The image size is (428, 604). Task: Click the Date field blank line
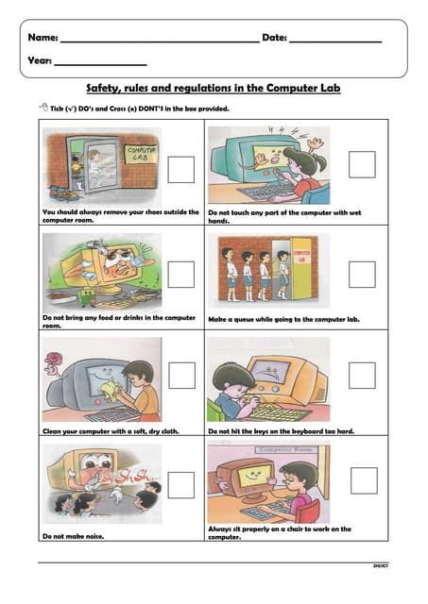tap(334, 41)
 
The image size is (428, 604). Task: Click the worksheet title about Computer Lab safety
tap(214, 88)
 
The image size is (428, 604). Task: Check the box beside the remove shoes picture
tap(180, 170)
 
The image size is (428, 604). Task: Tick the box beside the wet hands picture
tap(361, 165)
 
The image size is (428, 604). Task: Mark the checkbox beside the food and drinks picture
tap(180, 275)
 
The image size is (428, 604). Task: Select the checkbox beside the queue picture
tap(361, 275)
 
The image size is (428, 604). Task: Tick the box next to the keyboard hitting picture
tap(361, 376)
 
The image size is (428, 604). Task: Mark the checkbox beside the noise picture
tap(180, 484)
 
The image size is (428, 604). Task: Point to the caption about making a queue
tap(283, 319)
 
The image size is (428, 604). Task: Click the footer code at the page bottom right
tap(379, 565)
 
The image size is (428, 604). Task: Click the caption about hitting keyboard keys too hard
tap(281, 431)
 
